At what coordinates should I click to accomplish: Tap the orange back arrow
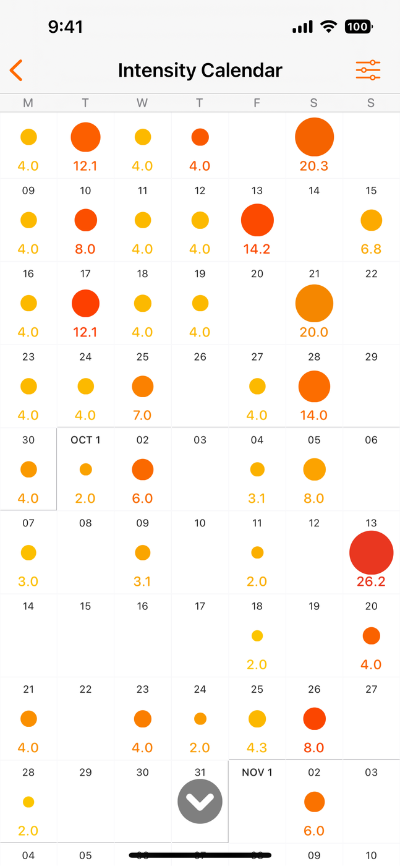[17, 71]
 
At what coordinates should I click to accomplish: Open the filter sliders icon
[368, 71]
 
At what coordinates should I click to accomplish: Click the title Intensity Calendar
[200, 71]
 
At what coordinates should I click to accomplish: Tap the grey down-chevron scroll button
[200, 801]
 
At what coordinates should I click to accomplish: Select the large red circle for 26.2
[371, 552]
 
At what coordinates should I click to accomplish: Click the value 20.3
[314, 166]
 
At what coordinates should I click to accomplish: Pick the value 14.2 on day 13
[257, 249]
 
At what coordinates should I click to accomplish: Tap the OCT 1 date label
[85, 440]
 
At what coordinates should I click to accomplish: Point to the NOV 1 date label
[257, 772]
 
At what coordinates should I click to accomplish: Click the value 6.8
[371, 249]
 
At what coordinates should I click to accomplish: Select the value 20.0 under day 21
[314, 332]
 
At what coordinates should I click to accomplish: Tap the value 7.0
[142, 415]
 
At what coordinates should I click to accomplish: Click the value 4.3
[257, 747]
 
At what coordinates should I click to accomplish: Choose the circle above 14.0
[314, 387]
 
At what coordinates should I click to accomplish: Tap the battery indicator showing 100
[358, 27]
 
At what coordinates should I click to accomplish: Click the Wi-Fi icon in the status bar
[328, 27]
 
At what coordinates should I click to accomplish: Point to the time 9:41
[65, 27]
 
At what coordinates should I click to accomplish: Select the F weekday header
[257, 103]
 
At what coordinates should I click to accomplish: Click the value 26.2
[371, 581]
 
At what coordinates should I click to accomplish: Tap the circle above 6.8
[371, 220]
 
